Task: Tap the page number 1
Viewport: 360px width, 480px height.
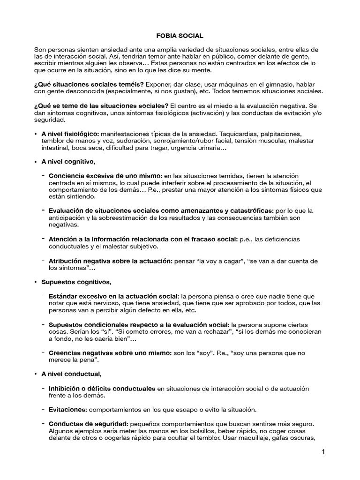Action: pyautogui.click(x=323, y=452)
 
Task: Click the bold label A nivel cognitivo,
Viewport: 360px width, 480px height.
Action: pyautogui.click(x=68, y=162)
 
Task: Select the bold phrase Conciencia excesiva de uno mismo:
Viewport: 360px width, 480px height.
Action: pyautogui.click(x=105, y=175)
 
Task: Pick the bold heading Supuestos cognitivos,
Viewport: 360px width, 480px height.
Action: pyautogui.click(x=76, y=282)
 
